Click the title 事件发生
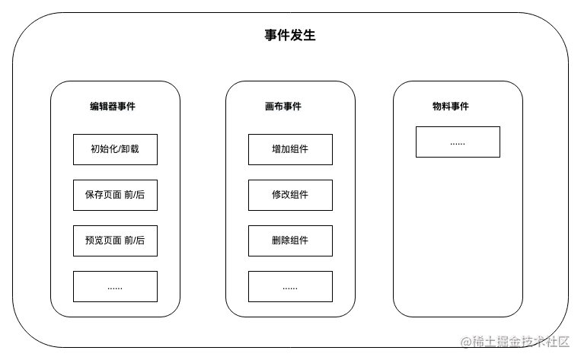click(x=290, y=36)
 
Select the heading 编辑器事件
click(x=113, y=107)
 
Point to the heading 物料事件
click(x=451, y=107)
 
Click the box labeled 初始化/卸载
click(x=115, y=149)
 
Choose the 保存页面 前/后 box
click(x=115, y=195)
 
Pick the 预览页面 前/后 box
click(x=115, y=241)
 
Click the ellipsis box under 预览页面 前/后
click(x=115, y=287)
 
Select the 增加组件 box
click(x=290, y=149)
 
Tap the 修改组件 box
click(x=290, y=195)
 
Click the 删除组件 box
click(x=290, y=241)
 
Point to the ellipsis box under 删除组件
click(x=290, y=287)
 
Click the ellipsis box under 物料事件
click(x=458, y=142)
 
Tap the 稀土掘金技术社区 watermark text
click(x=520, y=340)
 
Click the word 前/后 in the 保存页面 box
click(x=135, y=195)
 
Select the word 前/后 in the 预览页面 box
click(x=135, y=241)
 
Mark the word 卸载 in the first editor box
click(x=130, y=149)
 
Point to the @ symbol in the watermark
click(x=466, y=341)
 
